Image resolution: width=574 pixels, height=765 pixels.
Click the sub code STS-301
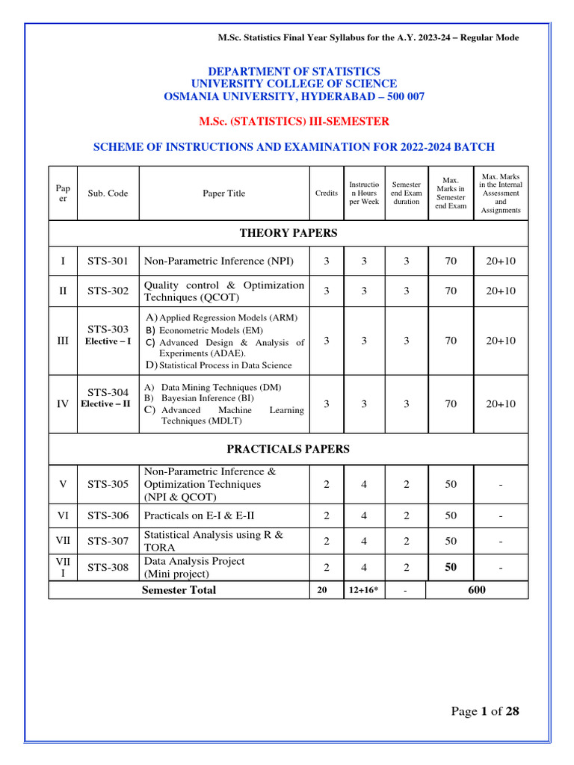click(108, 261)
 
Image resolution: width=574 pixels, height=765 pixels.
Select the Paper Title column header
click(223, 193)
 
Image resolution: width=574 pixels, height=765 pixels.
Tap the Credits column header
click(326, 193)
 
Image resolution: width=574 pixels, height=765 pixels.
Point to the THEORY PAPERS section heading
click(288, 233)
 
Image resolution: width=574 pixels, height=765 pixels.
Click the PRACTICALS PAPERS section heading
click(288, 449)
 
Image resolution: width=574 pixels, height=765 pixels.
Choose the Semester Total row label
click(179, 590)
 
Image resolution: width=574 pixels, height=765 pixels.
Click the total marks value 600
click(477, 590)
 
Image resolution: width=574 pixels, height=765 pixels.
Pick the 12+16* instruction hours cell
click(364, 591)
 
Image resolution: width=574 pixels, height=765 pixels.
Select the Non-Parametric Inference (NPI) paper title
click(218, 261)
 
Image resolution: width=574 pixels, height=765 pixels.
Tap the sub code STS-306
click(108, 515)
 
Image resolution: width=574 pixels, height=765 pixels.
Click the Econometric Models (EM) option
click(211, 330)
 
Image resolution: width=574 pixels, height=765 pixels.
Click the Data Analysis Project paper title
click(194, 561)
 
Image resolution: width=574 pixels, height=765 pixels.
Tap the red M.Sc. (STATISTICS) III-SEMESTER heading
click(288, 121)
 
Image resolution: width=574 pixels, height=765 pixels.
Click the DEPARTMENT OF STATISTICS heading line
click(288, 71)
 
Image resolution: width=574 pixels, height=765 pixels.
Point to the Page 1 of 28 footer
click(484, 711)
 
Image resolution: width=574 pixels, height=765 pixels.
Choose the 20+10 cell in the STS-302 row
click(501, 291)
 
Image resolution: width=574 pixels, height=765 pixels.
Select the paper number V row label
click(63, 484)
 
